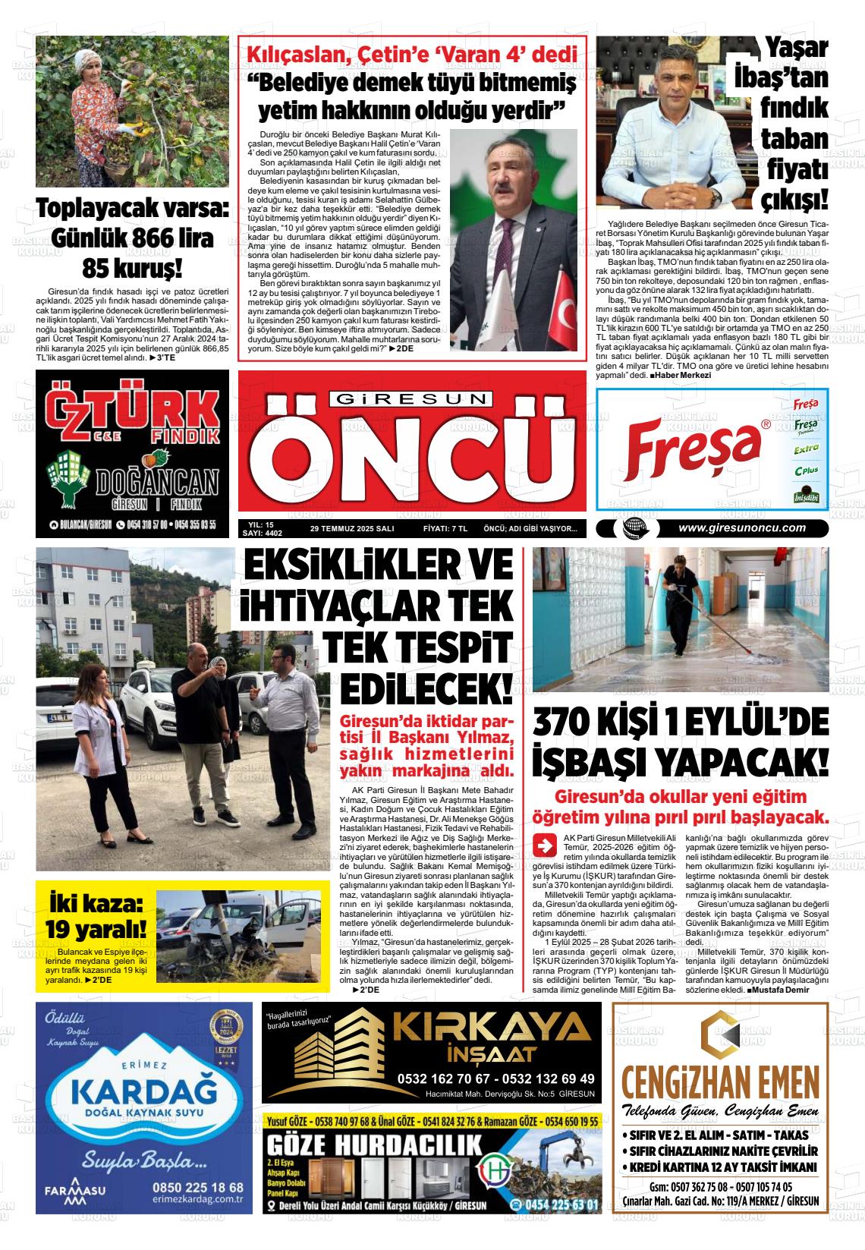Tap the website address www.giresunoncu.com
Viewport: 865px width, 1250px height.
[741, 529]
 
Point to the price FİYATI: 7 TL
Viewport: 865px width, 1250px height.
[445, 529]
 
